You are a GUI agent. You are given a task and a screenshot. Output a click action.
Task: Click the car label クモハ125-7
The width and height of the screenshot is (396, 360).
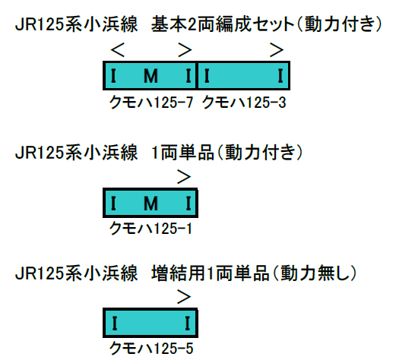151,103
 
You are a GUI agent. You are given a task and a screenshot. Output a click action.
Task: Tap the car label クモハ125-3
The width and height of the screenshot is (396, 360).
244,103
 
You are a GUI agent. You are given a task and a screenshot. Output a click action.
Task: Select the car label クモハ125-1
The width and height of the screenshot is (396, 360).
150,229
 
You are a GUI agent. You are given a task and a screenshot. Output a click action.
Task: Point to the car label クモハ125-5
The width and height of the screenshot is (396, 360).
151,349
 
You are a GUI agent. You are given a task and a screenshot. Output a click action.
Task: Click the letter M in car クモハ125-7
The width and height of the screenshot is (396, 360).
150,76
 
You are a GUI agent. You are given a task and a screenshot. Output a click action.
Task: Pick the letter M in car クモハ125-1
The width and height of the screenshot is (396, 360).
150,204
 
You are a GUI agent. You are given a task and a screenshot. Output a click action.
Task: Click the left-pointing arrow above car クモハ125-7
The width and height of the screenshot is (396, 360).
118,50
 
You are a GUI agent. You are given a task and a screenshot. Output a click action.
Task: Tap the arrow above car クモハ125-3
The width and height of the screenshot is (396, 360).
277,50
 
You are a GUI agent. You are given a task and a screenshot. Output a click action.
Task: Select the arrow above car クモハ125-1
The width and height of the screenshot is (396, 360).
184,177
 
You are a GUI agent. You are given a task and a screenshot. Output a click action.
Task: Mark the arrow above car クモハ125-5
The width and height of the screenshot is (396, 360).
184,297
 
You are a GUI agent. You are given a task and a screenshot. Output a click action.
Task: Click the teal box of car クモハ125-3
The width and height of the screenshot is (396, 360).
243,76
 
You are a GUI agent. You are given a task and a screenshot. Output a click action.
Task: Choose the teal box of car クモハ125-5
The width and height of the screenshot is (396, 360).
150,323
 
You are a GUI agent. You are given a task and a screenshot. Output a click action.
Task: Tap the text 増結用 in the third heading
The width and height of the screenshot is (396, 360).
179,273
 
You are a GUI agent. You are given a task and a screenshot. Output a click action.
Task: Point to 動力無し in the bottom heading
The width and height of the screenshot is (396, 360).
315,273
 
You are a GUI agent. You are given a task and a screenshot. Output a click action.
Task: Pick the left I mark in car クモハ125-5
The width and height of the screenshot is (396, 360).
115,324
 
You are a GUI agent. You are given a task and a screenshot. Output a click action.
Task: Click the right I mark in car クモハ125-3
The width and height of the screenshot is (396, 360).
280,76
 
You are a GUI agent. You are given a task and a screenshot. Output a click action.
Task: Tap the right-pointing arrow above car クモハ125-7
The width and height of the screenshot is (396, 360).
185,50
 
